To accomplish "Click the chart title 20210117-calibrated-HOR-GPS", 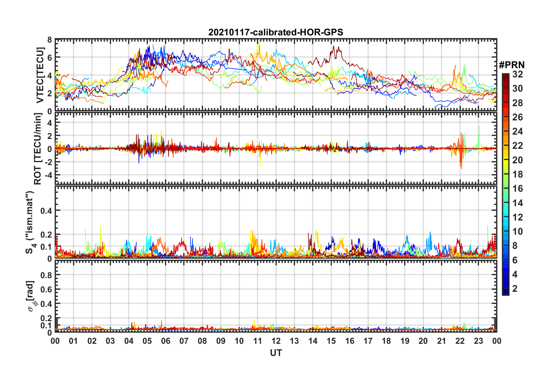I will pyautogui.click(x=276, y=32).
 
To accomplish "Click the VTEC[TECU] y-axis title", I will pyautogui.click(x=40, y=75).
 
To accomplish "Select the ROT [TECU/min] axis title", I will pyautogui.click(x=38, y=149).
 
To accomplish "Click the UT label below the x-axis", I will pyautogui.click(x=276, y=353).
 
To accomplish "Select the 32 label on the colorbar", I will pyautogui.click(x=517, y=74).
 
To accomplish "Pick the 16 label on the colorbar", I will pyautogui.click(x=517, y=189).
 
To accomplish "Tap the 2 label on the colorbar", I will pyautogui.click(x=515, y=288).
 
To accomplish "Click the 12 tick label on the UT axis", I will pyautogui.click(x=276, y=341).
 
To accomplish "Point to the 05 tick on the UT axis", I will pyautogui.click(x=147, y=341).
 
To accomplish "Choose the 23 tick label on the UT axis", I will pyautogui.click(x=478, y=341).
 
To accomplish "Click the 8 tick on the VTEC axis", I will pyautogui.click(x=49, y=40).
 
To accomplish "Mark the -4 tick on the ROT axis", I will pyautogui.click(x=48, y=175).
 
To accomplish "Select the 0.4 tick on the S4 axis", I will pyautogui.click(x=46, y=211).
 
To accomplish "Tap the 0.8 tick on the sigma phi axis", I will pyautogui.click(x=46, y=275).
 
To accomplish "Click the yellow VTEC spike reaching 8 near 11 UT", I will pyautogui.click(x=259, y=41).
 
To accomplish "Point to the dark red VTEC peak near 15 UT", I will pyautogui.click(x=334, y=46).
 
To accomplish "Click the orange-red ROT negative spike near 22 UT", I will pyautogui.click(x=461, y=168).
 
